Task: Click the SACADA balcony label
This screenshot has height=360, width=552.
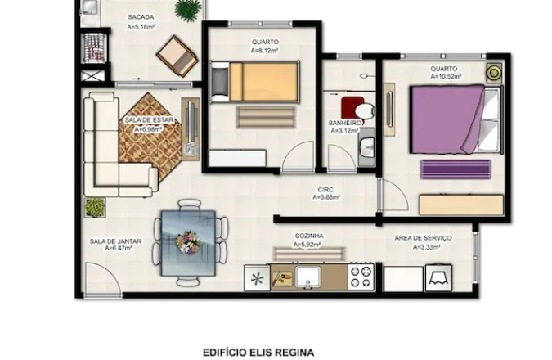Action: (141, 17)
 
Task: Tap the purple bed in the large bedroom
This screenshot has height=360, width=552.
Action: (456, 119)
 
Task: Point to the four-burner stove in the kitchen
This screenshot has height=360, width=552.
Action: (361, 277)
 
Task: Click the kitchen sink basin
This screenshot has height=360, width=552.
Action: (308, 277)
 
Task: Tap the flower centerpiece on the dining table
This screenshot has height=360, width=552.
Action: (187, 242)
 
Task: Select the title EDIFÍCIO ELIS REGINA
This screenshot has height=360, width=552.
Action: (258, 353)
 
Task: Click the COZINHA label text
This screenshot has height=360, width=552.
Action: (309, 236)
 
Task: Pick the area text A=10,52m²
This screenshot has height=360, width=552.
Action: (446, 76)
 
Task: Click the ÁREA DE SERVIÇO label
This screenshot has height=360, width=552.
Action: (423, 238)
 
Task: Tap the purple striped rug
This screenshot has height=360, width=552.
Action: (456, 169)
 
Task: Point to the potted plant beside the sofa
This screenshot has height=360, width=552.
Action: (95, 207)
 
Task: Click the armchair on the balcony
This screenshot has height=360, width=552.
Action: (177, 56)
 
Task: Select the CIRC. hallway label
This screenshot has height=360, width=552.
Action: (326, 190)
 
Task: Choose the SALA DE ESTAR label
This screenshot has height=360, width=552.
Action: (150, 120)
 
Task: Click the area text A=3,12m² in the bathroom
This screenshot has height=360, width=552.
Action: (344, 131)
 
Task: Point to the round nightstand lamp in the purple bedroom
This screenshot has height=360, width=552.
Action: (494, 73)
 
